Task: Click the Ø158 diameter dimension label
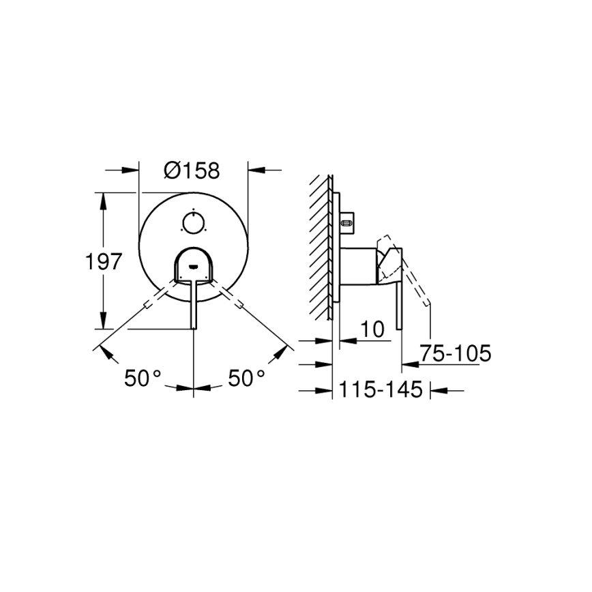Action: coord(192,170)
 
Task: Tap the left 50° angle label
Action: coord(143,378)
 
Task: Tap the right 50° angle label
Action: coord(246,378)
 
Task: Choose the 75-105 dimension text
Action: coord(455,354)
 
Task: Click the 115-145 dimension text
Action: coord(381,390)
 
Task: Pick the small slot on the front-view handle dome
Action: coord(194,267)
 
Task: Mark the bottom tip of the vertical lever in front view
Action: coord(194,327)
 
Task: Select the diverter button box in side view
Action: coord(347,220)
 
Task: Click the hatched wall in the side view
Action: coord(321,246)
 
